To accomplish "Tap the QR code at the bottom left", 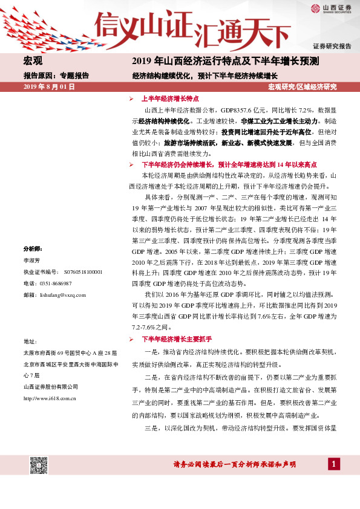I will coord(39,465).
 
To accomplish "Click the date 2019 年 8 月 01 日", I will coord(49,87).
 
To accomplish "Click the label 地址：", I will coord(30,341).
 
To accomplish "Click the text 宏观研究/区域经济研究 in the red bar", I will coord(302,87).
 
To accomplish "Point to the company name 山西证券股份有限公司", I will coord(51,387).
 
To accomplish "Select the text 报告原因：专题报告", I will coord(56,76).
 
